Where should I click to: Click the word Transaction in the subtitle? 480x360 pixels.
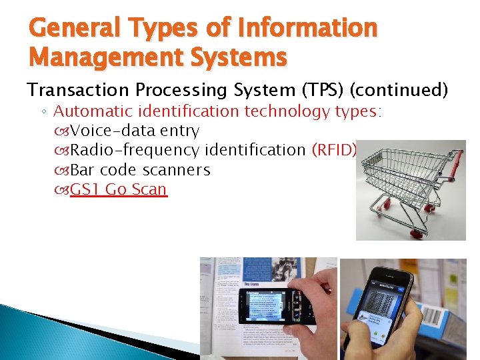[x=71, y=89]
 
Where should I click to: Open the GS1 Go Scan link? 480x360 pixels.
[x=118, y=189]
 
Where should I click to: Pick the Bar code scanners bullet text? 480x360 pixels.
[x=140, y=170]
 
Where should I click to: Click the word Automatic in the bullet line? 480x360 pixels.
[x=93, y=111]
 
